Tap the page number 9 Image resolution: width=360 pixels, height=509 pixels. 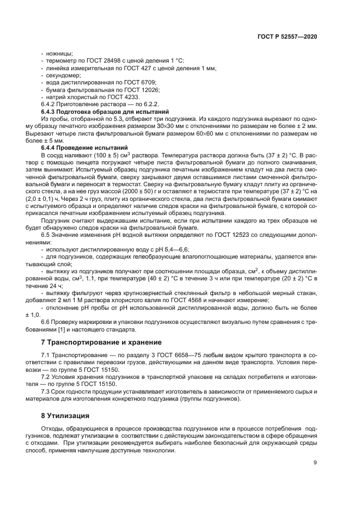[315, 463]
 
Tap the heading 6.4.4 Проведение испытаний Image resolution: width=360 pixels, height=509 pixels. [84, 148]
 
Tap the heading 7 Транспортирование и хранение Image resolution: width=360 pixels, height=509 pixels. [101, 342]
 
